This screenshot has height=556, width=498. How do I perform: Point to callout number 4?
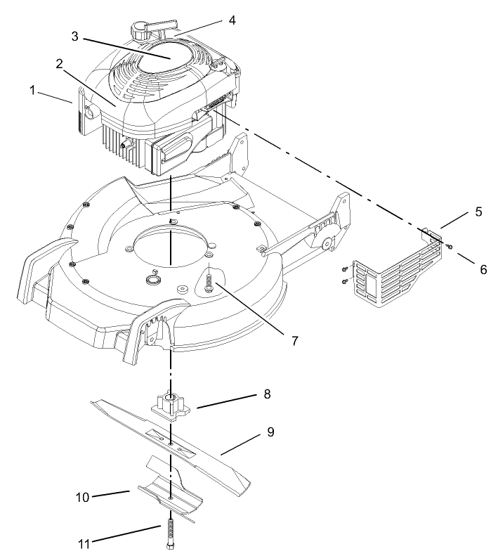[x=232, y=20]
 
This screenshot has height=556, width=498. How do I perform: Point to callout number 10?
[x=83, y=497]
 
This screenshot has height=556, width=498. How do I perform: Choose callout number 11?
[x=83, y=542]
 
